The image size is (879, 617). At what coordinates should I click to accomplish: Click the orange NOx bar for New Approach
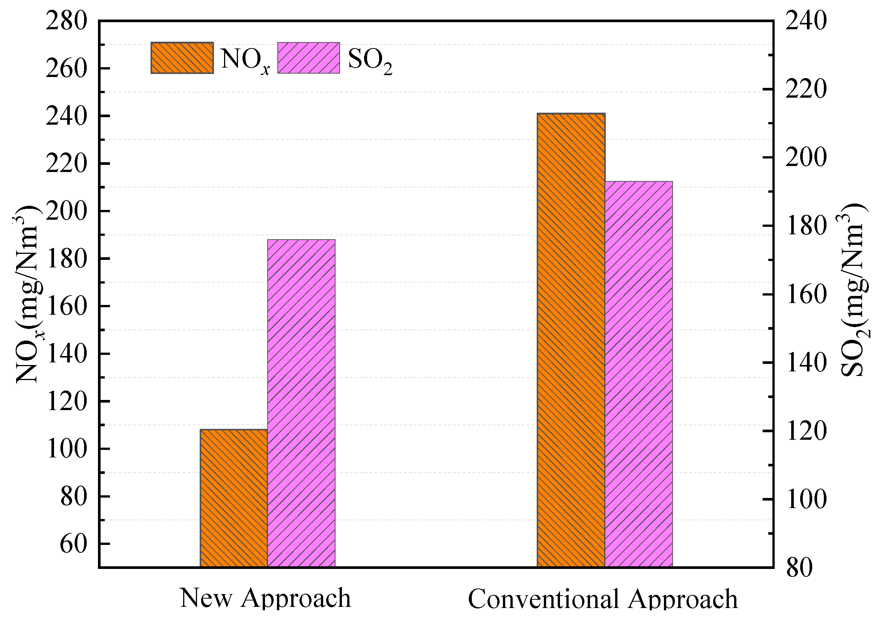pyautogui.click(x=233, y=498)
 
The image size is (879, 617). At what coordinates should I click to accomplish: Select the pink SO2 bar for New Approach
pyautogui.click(x=301, y=402)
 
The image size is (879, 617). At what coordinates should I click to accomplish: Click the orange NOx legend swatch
pyautogui.click(x=182, y=58)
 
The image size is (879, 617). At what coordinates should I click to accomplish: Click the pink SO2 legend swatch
pyautogui.click(x=308, y=58)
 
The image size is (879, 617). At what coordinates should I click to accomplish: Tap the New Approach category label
pyautogui.click(x=265, y=598)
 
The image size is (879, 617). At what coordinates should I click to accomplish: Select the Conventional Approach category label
pyautogui.click(x=603, y=599)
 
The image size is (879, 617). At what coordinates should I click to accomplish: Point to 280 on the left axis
pyautogui.click(x=66, y=21)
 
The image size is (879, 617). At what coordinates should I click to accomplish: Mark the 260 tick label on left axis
pyautogui.click(x=66, y=69)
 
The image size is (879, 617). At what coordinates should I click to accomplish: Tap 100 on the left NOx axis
pyautogui.click(x=66, y=448)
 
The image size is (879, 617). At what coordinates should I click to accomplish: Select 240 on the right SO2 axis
pyautogui.click(x=806, y=21)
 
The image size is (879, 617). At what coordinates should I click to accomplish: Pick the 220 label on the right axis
pyautogui.click(x=806, y=89)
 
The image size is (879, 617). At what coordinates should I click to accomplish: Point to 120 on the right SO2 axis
pyautogui.click(x=806, y=431)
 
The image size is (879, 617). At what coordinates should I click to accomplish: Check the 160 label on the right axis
pyautogui.click(x=806, y=294)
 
